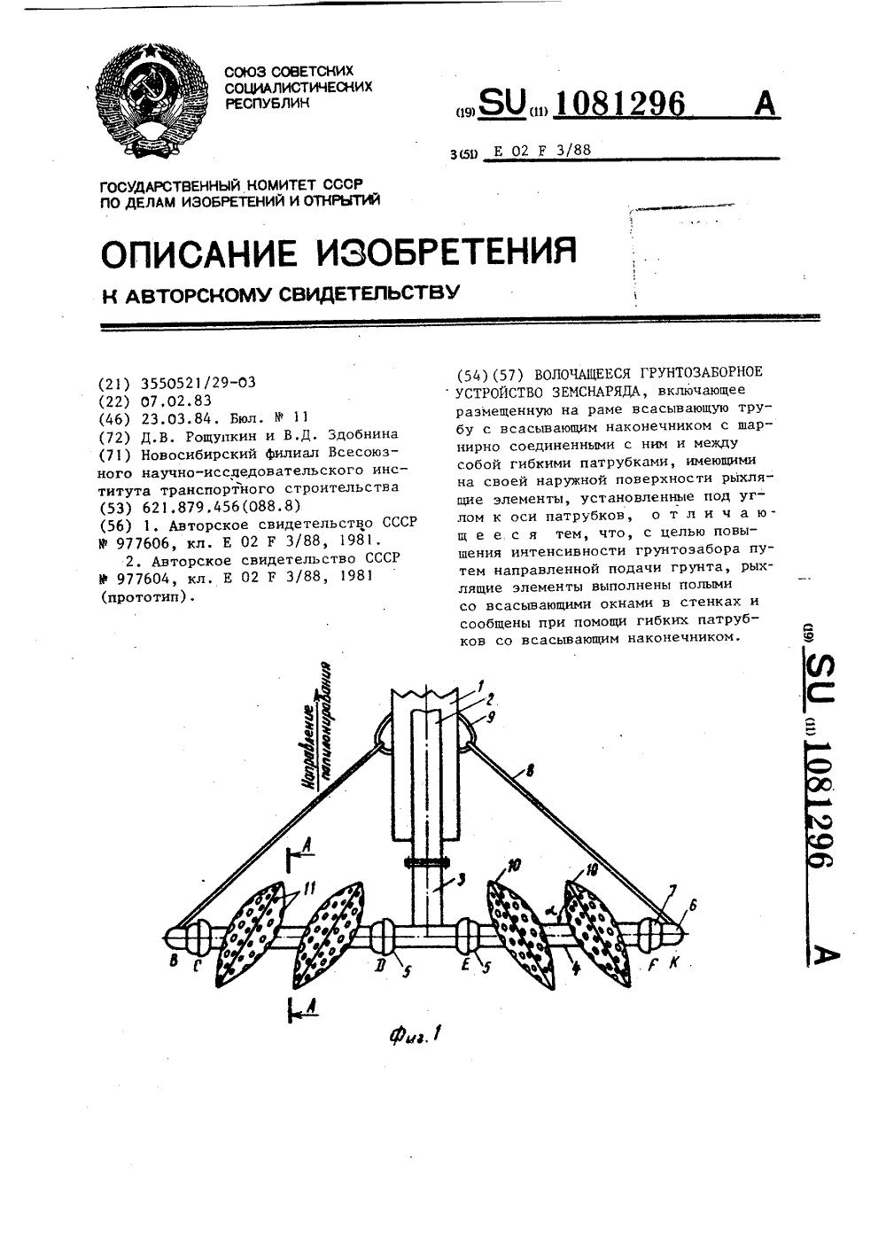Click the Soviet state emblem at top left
pyautogui.click(x=152, y=103)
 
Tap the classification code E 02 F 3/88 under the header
pyautogui.click(x=541, y=151)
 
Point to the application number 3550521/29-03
pyautogui.click(x=198, y=384)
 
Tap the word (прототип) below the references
pyautogui.click(x=145, y=597)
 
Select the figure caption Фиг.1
pyautogui.click(x=415, y=1033)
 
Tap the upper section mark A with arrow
pyautogui.click(x=299, y=855)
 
